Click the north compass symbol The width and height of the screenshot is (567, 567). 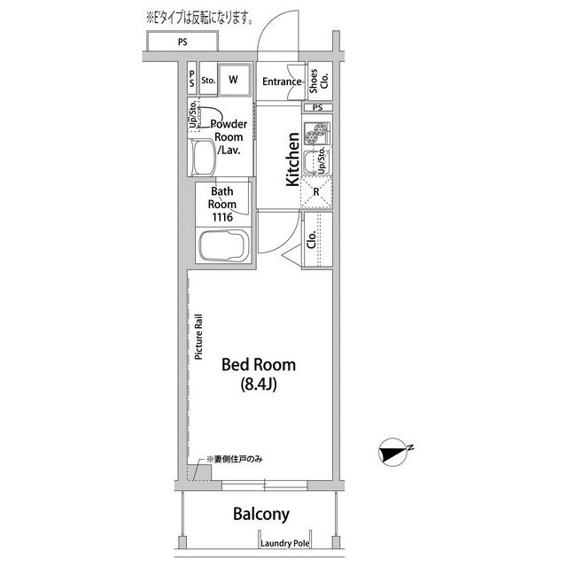pos(392,452)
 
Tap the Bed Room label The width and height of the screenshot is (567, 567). pos(259,364)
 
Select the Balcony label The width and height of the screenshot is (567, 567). pos(261,514)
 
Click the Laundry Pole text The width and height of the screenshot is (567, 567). pos(285,543)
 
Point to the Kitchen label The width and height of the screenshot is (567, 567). pos(293,159)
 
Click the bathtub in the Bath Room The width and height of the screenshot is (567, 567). pos(223,245)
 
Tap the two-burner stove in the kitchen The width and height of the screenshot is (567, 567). pos(317,133)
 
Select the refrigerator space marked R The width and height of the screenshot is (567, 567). pos(316,192)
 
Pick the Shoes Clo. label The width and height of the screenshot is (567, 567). pos(319,81)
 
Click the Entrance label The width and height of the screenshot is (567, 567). pos(282,82)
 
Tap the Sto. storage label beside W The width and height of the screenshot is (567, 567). pos(208,81)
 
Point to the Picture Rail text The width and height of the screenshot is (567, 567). pos(198,337)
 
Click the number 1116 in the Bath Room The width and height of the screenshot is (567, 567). pos(222,217)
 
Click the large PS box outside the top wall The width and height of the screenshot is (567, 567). pos(183,42)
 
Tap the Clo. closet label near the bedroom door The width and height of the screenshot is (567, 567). pos(311,239)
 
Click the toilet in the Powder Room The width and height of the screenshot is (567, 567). pos(204,158)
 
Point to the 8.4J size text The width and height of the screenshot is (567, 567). pos(259,384)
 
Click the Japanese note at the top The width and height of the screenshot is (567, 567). pos(199,18)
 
